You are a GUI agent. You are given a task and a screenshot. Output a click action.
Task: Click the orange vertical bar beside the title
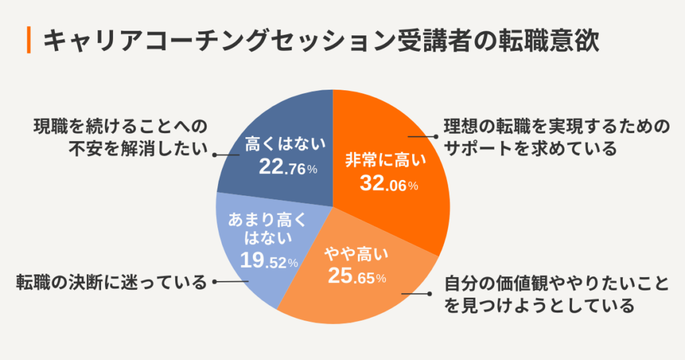(29, 40)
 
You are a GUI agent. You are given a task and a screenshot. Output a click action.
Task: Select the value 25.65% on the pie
(357, 275)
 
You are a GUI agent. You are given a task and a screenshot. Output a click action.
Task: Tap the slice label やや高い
(356, 254)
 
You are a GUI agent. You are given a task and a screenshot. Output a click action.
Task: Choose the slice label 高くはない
(285, 144)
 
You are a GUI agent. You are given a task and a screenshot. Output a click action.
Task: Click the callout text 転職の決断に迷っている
(112, 282)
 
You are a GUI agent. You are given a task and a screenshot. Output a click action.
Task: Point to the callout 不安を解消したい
(138, 150)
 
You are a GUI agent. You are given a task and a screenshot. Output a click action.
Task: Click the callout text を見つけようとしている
(539, 306)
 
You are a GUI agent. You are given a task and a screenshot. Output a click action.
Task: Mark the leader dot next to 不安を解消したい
(215, 155)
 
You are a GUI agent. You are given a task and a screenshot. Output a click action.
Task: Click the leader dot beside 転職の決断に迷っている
(215, 282)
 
